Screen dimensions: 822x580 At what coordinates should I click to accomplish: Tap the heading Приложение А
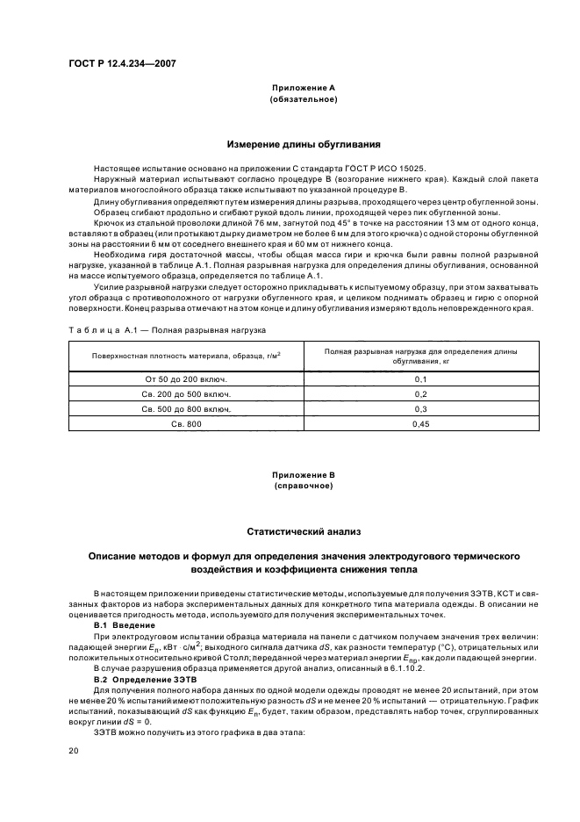[x=304, y=89]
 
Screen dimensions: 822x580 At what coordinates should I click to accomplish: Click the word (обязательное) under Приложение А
[x=304, y=100]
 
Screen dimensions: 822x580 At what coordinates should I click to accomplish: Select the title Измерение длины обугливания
[x=304, y=144]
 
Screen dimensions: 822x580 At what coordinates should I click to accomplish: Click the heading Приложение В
[x=304, y=474]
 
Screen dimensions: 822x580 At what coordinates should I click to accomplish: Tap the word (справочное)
[x=304, y=485]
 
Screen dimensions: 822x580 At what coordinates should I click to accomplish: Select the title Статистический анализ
[x=304, y=531]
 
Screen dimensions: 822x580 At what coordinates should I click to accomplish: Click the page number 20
[x=74, y=752]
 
